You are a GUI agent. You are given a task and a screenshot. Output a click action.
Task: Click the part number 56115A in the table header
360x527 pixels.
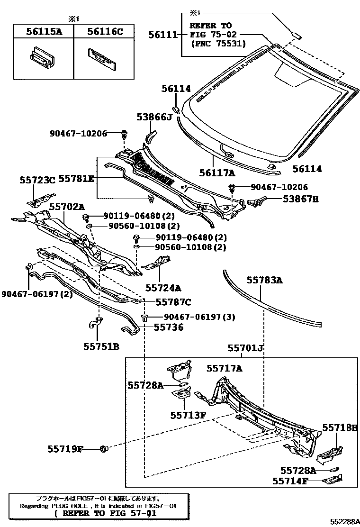tap(43, 32)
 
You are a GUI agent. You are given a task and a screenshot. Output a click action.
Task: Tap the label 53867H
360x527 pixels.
tap(300, 199)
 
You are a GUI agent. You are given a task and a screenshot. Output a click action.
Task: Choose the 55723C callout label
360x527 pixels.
tap(37, 180)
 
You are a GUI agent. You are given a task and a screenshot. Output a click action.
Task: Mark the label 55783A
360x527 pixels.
tap(264, 281)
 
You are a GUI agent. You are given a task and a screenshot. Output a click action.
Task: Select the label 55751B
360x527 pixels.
tap(101, 346)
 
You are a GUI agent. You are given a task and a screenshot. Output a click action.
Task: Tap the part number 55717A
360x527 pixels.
tap(224, 368)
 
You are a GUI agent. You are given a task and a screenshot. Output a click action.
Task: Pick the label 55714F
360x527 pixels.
tap(290, 481)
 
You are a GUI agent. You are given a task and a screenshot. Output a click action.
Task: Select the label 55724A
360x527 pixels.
tap(163, 287)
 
